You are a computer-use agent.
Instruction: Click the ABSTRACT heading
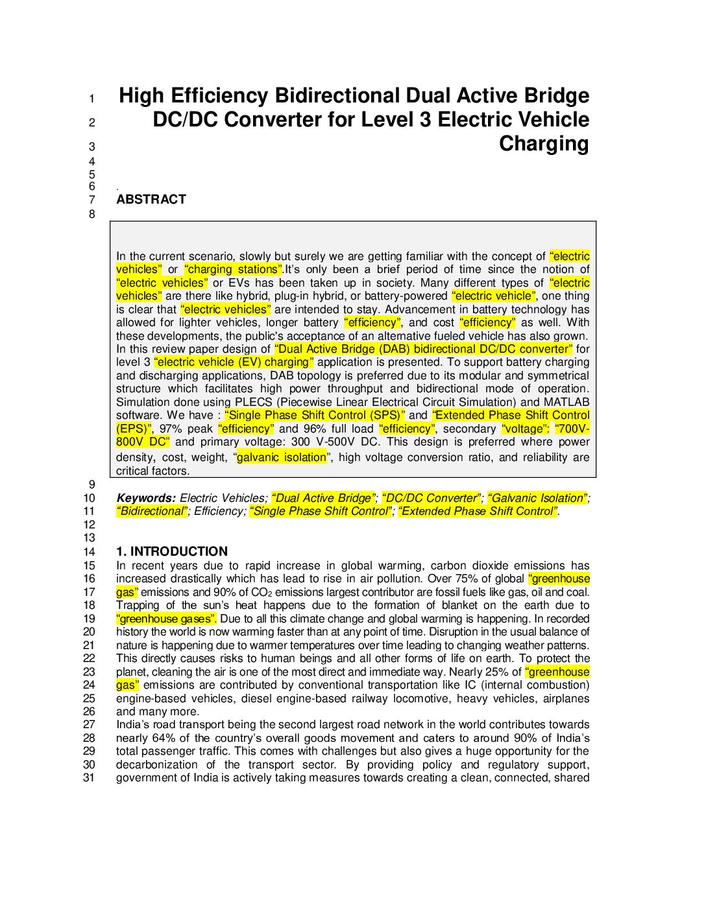pyautogui.click(x=151, y=200)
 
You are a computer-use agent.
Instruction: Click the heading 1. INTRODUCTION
pyautogui.click(x=172, y=552)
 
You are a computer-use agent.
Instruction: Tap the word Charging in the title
pyautogui.click(x=544, y=144)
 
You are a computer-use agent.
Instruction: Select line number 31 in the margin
pyautogui.click(x=89, y=777)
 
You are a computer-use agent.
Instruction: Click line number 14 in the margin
pyautogui.click(x=89, y=552)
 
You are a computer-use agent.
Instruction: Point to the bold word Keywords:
pyautogui.click(x=146, y=499)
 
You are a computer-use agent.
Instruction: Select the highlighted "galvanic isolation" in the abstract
pyautogui.click(x=282, y=458)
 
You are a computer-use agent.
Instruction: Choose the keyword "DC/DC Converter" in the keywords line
pyautogui.click(x=432, y=499)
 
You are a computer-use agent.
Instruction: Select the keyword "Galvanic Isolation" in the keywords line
pyautogui.click(x=538, y=499)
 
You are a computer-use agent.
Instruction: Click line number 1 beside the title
pyautogui.click(x=91, y=99)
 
